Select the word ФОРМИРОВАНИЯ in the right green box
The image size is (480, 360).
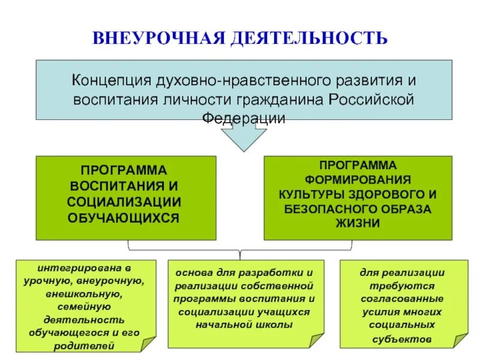coord(358,179)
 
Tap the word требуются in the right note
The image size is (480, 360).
coord(402,286)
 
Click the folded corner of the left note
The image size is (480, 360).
coord(147,343)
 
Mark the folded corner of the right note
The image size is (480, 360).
coord(459,343)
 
